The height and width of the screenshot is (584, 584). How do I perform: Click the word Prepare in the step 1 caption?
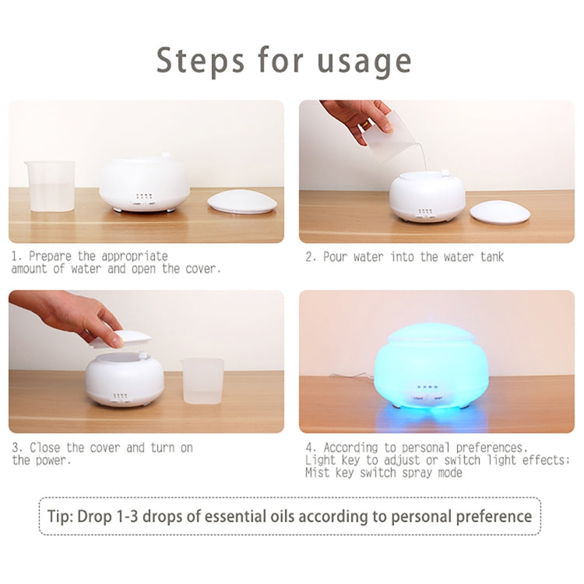[55, 255]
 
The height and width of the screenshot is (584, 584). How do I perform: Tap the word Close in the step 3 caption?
[46, 448]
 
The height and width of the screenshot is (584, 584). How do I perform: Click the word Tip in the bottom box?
[59, 515]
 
